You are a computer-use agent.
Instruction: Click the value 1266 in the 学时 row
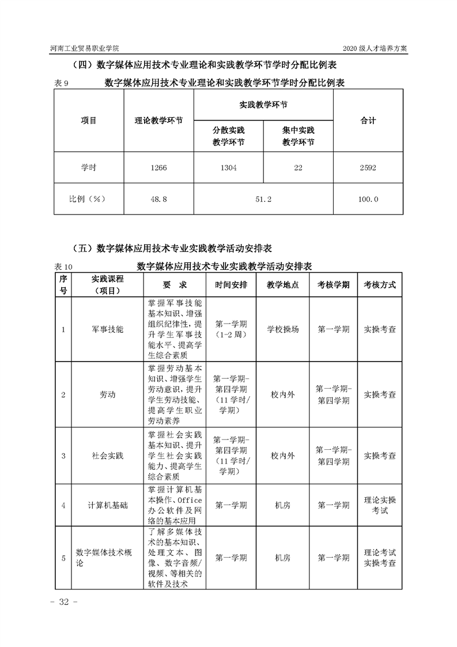pos(158,168)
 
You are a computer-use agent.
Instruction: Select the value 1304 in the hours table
pos(228,168)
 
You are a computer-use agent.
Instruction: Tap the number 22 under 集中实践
pos(298,168)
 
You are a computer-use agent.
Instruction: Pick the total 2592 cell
pos(368,168)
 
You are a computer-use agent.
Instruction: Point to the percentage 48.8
pos(158,199)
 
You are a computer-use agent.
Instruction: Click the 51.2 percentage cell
pos(263,199)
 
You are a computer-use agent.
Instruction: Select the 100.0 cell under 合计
pos(368,199)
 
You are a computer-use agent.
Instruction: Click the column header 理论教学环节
pos(158,121)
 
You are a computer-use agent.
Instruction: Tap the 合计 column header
pos(368,121)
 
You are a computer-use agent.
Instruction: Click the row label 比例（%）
pos(89,199)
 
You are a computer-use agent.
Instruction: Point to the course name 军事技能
pos(107,329)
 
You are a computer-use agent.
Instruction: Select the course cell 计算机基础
pos(107,505)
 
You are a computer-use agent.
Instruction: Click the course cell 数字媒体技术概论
pos(106,558)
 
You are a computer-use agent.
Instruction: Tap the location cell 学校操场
pos(282,329)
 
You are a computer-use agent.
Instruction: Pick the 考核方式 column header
pos(379,285)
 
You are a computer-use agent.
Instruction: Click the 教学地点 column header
pos(282,285)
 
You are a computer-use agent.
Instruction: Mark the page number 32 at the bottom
pos(60,602)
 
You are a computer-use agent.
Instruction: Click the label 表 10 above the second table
pos(63,267)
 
